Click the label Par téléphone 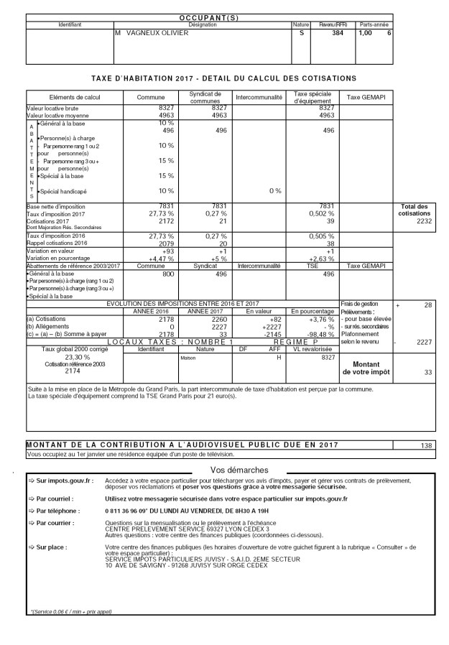click(x=50, y=509)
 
